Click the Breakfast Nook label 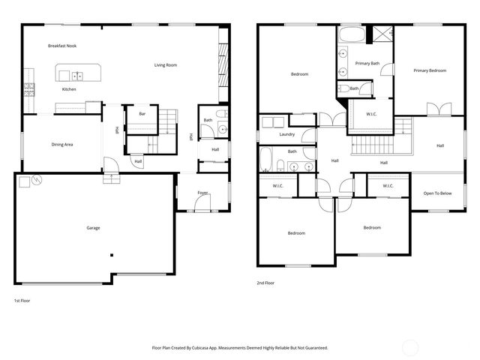[62, 46]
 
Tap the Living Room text [166, 65]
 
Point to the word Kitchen [69, 89]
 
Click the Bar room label [142, 114]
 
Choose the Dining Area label [61, 144]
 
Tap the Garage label [93, 228]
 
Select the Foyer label [202, 193]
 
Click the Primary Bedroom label [430, 70]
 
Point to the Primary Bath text [367, 63]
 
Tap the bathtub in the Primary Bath [351, 34]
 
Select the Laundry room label [286, 135]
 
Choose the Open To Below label [437, 193]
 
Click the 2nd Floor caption [266, 283]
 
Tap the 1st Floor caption [22, 300]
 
